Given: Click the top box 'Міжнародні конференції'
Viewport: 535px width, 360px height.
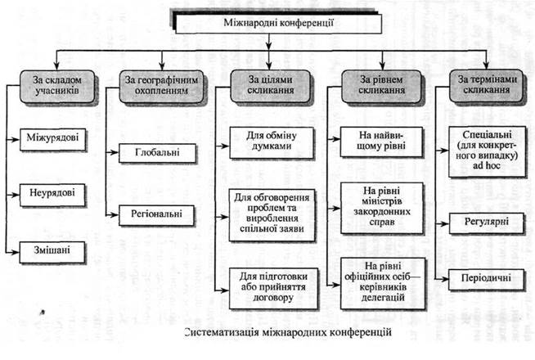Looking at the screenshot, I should pos(267,23).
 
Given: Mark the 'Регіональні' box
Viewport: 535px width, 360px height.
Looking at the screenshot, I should pos(156,214).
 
